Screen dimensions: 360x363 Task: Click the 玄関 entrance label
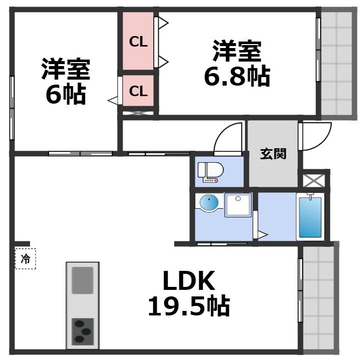pos(273,154)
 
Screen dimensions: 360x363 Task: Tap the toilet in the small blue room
pos(211,171)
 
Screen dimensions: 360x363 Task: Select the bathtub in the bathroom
pos(310,218)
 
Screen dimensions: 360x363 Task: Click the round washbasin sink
pos(209,203)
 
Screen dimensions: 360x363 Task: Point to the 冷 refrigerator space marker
pos(25,259)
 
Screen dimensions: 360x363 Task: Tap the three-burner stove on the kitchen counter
pos(83,330)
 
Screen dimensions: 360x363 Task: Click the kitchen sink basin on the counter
pos(83,280)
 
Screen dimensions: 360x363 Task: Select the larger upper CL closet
pos(138,42)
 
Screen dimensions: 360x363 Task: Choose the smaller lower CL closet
pos(138,91)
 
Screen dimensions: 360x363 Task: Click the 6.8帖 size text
pos(236,76)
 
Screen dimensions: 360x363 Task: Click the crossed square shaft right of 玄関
pos(314,179)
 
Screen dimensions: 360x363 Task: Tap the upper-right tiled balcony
pos(336,63)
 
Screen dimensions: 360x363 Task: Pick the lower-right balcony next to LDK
pos(318,298)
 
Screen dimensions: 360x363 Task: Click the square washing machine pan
pos(238,205)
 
